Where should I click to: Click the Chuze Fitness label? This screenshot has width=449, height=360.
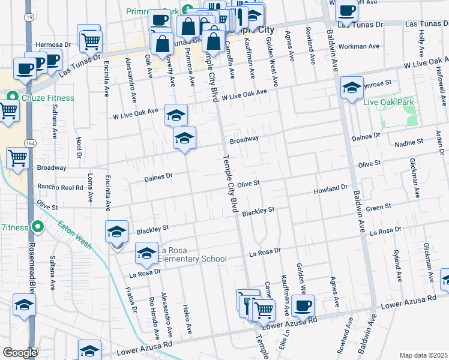click(49, 98)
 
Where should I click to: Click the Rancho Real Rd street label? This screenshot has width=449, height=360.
click(60, 187)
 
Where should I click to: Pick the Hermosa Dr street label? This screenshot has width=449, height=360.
click(53, 44)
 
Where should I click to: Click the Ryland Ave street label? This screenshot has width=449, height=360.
click(396, 266)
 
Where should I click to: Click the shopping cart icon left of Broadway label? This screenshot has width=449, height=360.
click(18, 159)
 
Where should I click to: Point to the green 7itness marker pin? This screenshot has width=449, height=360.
click(38, 227)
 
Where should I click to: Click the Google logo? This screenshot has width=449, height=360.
click(20, 353)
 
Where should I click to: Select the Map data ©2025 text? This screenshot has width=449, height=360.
click(423, 355)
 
